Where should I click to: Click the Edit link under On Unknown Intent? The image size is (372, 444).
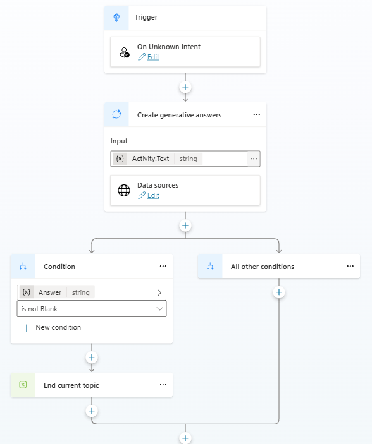[x=153, y=57]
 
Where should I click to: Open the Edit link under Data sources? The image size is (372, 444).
[x=153, y=195]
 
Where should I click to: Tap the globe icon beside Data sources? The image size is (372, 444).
[x=124, y=190]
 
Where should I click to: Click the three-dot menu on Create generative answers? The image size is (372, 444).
[x=256, y=114]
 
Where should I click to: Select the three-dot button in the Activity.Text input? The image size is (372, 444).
[x=254, y=159]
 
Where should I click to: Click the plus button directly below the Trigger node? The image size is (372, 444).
[x=185, y=87]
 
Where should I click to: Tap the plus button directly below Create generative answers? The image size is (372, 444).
[x=185, y=225]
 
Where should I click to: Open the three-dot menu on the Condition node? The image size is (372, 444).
[x=163, y=266]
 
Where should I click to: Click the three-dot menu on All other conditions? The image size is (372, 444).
[x=350, y=266]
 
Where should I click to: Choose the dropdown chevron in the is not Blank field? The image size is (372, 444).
[x=160, y=309]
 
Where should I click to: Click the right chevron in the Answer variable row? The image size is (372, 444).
[x=159, y=292]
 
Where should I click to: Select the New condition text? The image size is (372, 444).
[x=58, y=327]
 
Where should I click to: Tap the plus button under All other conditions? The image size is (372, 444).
[x=279, y=292]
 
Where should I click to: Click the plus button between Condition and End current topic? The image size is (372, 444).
[x=92, y=357]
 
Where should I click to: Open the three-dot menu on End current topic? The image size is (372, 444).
[x=163, y=385]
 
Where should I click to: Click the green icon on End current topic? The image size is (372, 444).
[x=23, y=385]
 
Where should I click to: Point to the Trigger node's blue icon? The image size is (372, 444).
[x=116, y=18]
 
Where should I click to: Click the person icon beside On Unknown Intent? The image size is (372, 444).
[x=125, y=52]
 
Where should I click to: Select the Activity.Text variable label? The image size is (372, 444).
[x=151, y=159]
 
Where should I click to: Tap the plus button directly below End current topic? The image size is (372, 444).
[x=92, y=411]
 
